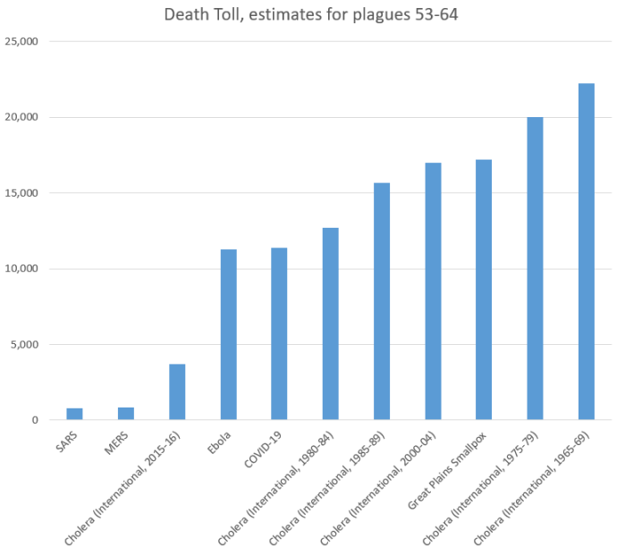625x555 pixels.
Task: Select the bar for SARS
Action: coord(74,414)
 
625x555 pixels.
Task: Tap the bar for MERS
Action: coord(126,414)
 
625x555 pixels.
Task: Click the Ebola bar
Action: coord(228,335)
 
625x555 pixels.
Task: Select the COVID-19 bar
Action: coord(279,334)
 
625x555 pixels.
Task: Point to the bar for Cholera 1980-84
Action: coord(330,324)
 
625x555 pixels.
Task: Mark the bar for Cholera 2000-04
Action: coord(433,291)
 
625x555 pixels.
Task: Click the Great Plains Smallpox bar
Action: coord(484,290)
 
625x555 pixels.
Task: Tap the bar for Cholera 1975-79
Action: coord(535,268)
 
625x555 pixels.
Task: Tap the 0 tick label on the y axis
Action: coord(34,420)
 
